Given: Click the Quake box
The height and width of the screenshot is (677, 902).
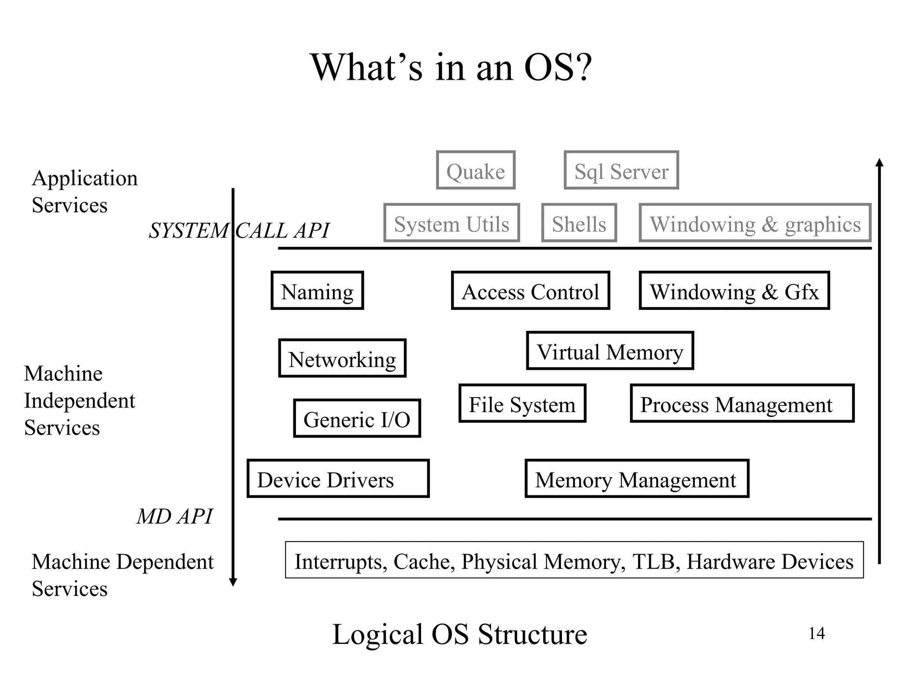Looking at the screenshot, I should click(476, 170).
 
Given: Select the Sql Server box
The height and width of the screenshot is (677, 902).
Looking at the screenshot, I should click(621, 170).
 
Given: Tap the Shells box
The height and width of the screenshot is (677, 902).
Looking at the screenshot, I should click(579, 223).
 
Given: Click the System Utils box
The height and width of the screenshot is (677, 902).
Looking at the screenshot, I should click(451, 223).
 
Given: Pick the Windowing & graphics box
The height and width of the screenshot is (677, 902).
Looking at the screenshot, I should click(755, 223).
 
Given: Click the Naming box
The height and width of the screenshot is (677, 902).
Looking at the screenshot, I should click(317, 290).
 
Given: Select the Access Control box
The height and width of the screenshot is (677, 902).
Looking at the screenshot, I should click(530, 290).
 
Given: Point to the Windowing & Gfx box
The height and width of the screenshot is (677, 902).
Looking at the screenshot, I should click(734, 290).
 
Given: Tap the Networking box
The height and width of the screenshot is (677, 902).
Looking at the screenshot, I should click(342, 358).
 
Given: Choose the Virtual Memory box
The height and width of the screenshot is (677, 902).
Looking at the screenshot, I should click(610, 351).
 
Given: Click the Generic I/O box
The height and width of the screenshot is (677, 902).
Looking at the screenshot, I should click(357, 418).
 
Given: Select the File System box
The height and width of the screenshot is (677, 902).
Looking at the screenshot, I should click(522, 403).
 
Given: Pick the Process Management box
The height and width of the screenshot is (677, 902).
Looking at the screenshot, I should click(742, 403).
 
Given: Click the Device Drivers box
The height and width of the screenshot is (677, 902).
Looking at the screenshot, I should click(338, 479).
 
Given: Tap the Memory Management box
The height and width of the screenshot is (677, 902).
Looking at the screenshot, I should click(637, 479).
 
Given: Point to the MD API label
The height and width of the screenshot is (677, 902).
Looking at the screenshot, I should click(174, 516).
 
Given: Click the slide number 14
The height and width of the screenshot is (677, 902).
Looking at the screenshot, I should click(817, 633).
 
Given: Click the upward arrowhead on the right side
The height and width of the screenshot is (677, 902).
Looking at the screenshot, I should click(879, 163).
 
